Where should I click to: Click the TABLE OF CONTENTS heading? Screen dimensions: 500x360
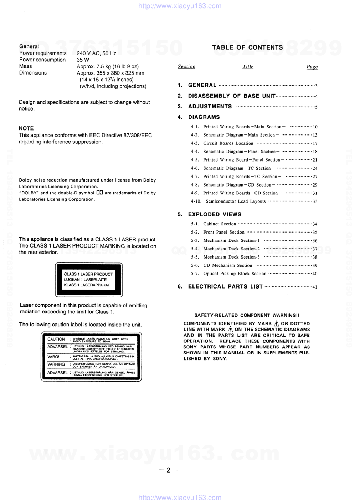(247, 47)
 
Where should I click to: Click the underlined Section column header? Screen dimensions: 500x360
(186, 67)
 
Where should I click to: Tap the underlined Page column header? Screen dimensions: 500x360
(312, 67)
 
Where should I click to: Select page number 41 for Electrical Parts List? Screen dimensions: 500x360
(314, 287)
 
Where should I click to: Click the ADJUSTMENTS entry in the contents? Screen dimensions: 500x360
(210, 107)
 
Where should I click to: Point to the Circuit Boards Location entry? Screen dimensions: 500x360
(228, 143)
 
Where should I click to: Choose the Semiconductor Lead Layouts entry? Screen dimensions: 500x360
(236, 201)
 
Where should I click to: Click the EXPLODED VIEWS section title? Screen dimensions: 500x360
(215, 214)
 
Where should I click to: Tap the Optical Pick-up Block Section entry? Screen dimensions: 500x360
(235, 274)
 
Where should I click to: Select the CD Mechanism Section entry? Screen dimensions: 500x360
(227, 266)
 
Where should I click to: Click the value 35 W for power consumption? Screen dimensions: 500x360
(83, 60)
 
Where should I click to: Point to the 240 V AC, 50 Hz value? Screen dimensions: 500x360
(96, 53)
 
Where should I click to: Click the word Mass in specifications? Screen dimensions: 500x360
(25, 66)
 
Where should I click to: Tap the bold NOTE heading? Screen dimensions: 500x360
(26, 128)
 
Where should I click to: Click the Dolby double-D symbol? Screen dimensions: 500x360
(99, 193)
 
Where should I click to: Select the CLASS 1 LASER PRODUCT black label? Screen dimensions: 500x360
(88, 280)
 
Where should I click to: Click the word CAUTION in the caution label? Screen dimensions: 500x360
(56, 339)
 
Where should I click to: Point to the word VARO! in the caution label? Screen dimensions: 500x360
(53, 357)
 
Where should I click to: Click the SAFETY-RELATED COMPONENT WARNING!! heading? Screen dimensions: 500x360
(247, 315)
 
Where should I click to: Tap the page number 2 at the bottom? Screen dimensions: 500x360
(168, 470)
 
